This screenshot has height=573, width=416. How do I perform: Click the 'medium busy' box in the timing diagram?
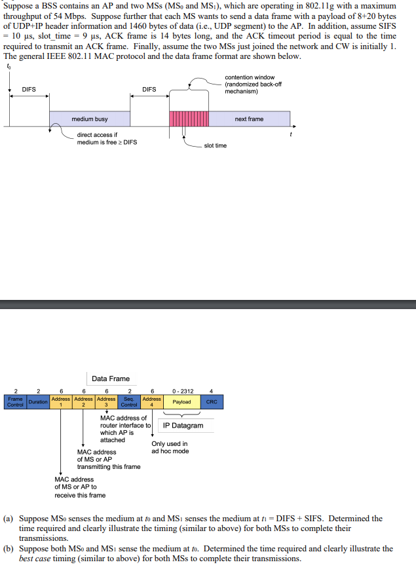click(x=90, y=119)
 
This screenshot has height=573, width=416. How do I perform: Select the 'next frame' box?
click(x=249, y=119)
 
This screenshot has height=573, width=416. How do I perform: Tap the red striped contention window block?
click(x=189, y=119)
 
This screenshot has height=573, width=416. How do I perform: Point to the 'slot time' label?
click(x=216, y=145)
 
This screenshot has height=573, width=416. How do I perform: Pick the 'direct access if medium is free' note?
click(x=107, y=138)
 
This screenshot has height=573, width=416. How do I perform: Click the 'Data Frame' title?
click(x=111, y=379)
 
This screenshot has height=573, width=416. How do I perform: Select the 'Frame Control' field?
click(x=14, y=401)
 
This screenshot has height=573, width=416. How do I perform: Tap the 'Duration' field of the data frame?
click(x=38, y=402)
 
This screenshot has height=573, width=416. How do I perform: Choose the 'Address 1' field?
click(x=61, y=401)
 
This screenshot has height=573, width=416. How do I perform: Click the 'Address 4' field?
click(x=151, y=401)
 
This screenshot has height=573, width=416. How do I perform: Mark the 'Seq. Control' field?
click(x=129, y=401)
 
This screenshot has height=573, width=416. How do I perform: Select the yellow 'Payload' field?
click(x=181, y=401)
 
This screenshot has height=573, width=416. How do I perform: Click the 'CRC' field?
click(x=212, y=401)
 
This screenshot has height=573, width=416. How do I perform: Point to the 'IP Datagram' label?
click(x=183, y=426)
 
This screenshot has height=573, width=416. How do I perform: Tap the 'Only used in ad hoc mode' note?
click(x=170, y=447)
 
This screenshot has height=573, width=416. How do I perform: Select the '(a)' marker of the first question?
click(x=9, y=519)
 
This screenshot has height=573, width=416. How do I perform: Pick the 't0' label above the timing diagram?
click(x=9, y=66)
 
